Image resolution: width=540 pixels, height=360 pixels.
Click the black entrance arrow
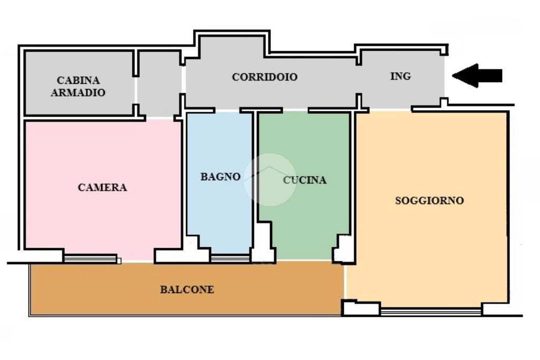[x=477, y=76]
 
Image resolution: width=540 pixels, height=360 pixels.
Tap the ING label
[x=401, y=76]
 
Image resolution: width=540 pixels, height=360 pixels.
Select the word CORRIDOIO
[x=265, y=77]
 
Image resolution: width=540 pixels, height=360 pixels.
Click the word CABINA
[x=78, y=80]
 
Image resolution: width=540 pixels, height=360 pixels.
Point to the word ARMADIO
[x=78, y=93]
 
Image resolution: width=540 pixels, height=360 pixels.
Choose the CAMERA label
[x=102, y=187]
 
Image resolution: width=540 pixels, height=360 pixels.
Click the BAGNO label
[x=220, y=177]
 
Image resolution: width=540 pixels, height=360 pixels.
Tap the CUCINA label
[x=304, y=180]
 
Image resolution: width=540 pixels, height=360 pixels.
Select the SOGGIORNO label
[x=429, y=200]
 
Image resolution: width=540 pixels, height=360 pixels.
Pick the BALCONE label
[x=187, y=289]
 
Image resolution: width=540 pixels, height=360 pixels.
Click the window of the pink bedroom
[x=91, y=258]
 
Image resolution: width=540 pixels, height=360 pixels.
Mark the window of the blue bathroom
[x=230, y=258]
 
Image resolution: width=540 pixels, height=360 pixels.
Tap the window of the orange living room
[x=431, y=312]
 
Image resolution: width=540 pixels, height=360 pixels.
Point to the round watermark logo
[x=269, y=180]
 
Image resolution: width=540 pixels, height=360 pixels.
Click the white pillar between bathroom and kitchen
[x=264, y=242]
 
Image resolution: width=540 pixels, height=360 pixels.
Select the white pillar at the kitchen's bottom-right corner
[x=344, y=249]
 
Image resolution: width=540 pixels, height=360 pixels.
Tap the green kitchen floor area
[x=304, y=186]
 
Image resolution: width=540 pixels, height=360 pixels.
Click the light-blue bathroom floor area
[x=219, y=182]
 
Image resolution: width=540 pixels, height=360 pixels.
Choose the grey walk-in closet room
[x=79, y=83]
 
